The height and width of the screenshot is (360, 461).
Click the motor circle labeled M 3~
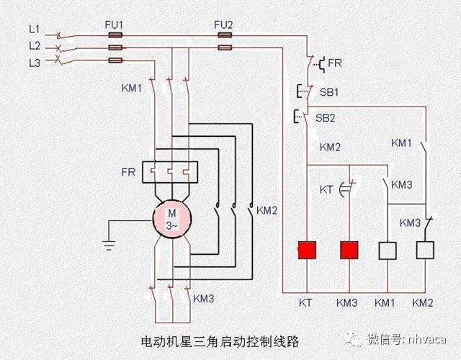171,217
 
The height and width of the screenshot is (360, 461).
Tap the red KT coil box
308,250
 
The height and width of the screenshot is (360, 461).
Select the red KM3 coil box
349,250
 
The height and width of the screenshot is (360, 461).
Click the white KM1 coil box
388,250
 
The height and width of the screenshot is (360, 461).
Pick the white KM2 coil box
426,250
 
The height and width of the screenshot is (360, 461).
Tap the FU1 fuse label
115,24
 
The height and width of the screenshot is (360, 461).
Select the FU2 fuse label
223,24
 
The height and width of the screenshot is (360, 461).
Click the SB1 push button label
329,92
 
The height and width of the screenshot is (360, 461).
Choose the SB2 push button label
329,116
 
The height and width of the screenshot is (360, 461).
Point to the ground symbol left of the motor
109,245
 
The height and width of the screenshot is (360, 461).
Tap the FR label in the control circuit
335,63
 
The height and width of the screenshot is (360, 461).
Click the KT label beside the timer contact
326,189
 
